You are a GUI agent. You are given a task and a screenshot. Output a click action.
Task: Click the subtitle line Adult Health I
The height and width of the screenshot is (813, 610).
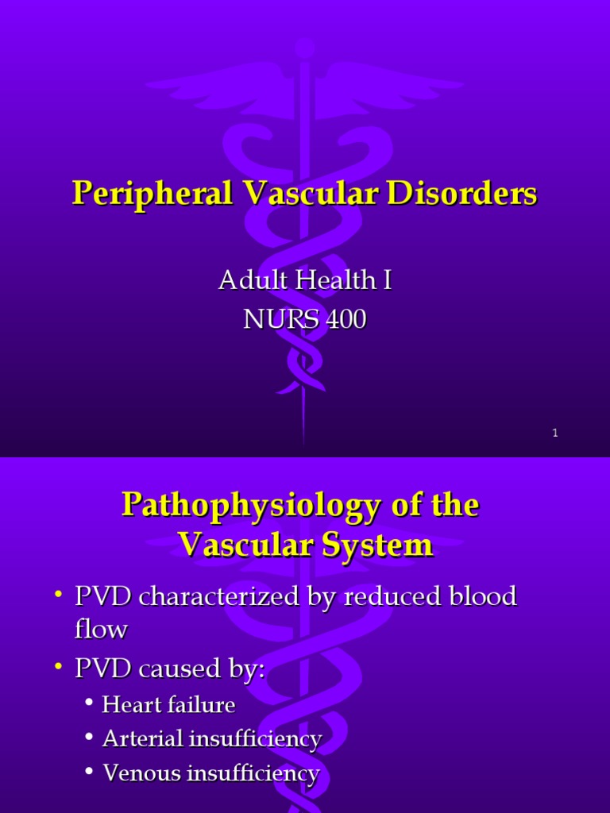(305, 281)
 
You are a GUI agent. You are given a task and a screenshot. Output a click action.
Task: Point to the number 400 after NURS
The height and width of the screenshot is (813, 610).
(344, 320)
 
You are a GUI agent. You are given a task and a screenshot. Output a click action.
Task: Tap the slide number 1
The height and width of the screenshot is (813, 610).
(555, 433)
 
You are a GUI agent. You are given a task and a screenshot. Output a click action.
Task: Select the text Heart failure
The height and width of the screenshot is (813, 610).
(168, 704)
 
